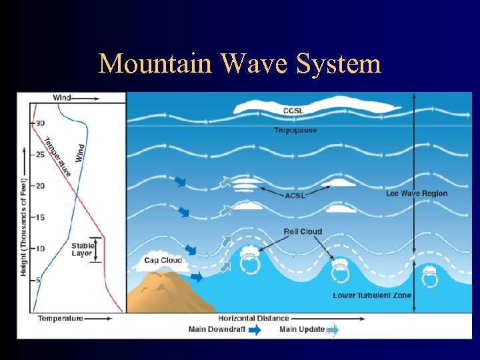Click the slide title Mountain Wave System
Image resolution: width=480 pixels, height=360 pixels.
[x=240, y=64]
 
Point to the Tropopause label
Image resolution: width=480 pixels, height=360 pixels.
[x=295, y=130]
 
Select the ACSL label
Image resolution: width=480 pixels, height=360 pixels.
[x=296, y=195]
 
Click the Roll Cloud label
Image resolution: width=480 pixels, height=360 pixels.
[x=302, y=232]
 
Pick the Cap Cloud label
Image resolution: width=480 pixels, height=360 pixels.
[x=163, y=260]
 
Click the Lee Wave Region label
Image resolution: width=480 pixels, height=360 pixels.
[x=417, y=193]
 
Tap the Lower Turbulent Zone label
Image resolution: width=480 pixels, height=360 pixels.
[x=372, y=295]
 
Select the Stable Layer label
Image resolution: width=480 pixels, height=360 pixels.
[x=82, y=250]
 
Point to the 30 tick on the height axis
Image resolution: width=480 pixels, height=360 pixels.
[x=39, y=123]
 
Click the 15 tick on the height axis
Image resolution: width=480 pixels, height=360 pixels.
[x=39, y=217]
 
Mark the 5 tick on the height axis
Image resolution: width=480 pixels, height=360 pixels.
[x=38, y=280]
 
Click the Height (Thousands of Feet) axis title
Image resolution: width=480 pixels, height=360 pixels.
[x=24, y=227]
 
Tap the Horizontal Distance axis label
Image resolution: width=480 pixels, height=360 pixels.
[x=253, y=319]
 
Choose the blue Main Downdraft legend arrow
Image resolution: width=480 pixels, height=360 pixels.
[x=255, y=329]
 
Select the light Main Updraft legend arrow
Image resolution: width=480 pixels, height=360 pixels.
[x=333, y=329]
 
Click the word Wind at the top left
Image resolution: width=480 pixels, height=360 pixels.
[x=62, y=97]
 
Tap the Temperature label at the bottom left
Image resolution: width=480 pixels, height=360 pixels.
[x=60, y=319]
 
